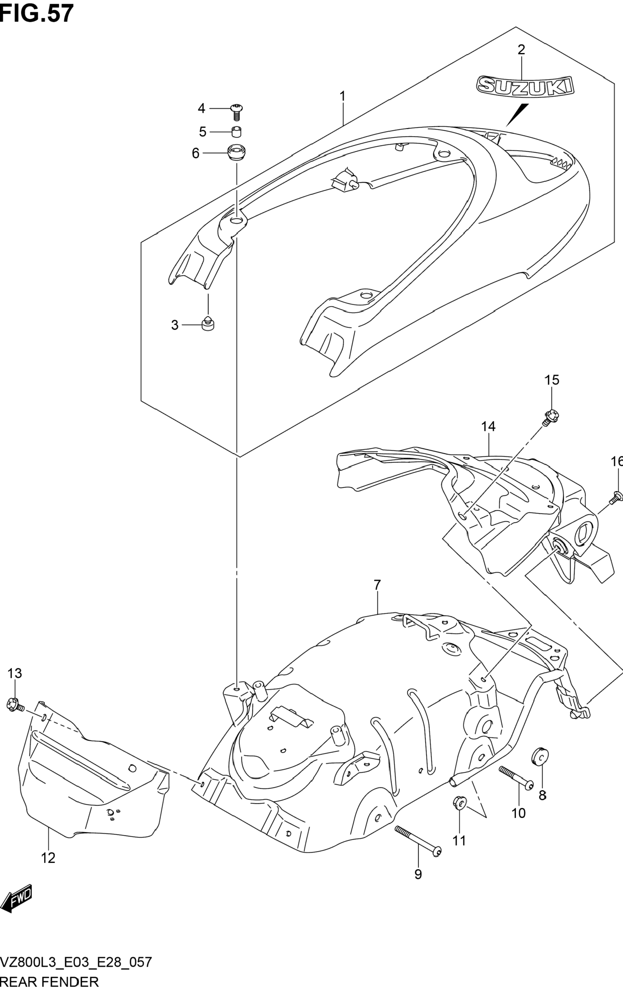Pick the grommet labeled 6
tap(237, 153)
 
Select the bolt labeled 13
tap(15, 705)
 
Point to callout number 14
tap(488, 426)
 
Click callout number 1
tap(342, 96)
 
